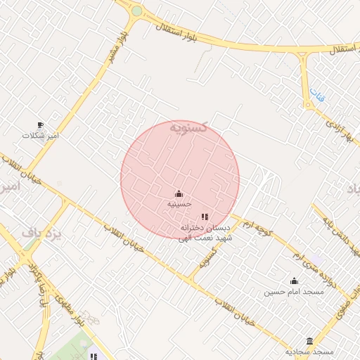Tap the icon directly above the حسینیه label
click(x=179, y=193)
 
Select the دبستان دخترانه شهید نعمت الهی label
click(x=205, y=233)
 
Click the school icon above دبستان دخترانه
click(x=205, y=218)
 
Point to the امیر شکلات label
click(x=41, y=134)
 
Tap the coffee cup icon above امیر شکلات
click(x=40, y=124)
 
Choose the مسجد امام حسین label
click(x=294, y=291)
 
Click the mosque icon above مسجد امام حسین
click(x=294, y=281)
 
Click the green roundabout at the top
click(x=136, y=11)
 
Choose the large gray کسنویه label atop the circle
click(x=188, y=127)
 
